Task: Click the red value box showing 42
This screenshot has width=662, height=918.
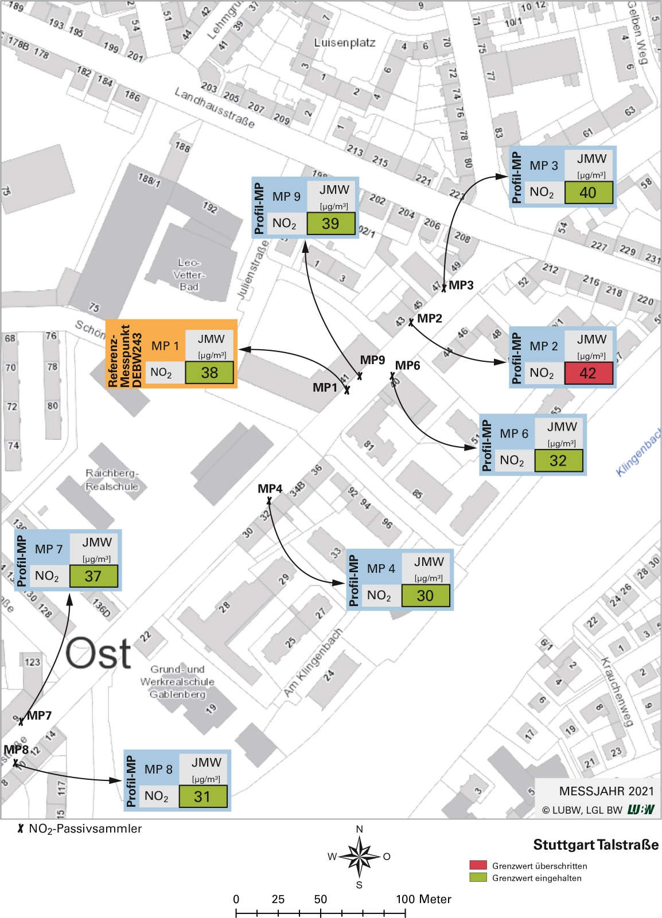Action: pyautogui.click(x=588, y=373)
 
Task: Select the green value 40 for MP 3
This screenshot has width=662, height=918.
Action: pyautogui.click(x=588, y=193)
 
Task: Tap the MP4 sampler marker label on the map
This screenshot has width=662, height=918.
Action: pyautogui.click(x=270, y=489)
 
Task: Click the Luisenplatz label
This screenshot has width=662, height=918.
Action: pyautogui.click(x=345, y=43)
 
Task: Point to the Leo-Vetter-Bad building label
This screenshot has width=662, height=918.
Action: pyautogui.click(x=189, y=275)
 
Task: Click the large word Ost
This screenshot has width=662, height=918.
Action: pyautogui.click(x=98, y=654)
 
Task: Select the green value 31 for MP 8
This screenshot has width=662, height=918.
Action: pyautogui.click(x=203, y=796)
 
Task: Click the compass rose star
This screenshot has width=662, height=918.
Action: pyautogui.click(x=360, y=857)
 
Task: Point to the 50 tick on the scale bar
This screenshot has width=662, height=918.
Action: pyautogui.click(x=321, y=900)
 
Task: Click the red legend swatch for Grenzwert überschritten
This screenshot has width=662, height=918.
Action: pyautogui.click(x=478, y=865)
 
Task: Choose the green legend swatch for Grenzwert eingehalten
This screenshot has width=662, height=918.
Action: pyautogui.click(x=478, y=877)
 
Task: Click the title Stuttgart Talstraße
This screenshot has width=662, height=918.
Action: pyautogui.click(x=595, y=845)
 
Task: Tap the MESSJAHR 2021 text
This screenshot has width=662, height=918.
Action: pyautogui.click(x=606, y=791)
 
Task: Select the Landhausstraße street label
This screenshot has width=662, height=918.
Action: pyautogui.click(x=215, y=108)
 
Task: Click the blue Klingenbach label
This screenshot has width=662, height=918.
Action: pyautogui.click(x=638, y=453)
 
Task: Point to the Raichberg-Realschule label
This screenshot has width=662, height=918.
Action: pyautogui.click(x=112, y=480)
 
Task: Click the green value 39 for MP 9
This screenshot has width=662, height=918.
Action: pyautogui.click(x=330, y=224)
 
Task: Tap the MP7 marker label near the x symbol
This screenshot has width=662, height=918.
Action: pyautogui.click(x=39, y=716)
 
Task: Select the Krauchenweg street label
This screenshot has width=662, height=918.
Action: pyautogui.click(x=616, y=692)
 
